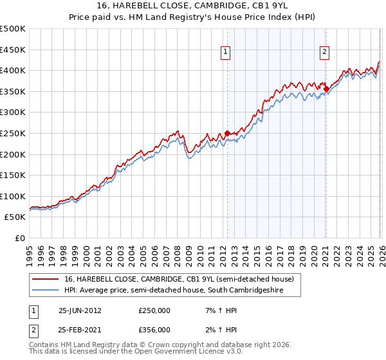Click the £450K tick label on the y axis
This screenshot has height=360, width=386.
pyautogui.click(x=13, y=50)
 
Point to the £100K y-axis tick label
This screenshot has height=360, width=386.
pyautogui.click(x=13, y=197)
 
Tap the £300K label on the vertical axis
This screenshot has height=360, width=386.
pyautogui.click(x=13, y=113)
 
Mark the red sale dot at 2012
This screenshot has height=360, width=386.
pyautogui.click(x=227, y=133)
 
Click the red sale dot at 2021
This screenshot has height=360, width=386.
pyautogui.click(x=326, y=89)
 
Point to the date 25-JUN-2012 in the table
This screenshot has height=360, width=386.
pyautogui.click(x=80, y=310)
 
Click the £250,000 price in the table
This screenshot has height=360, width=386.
pyautogui.click(x=154, y=310)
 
